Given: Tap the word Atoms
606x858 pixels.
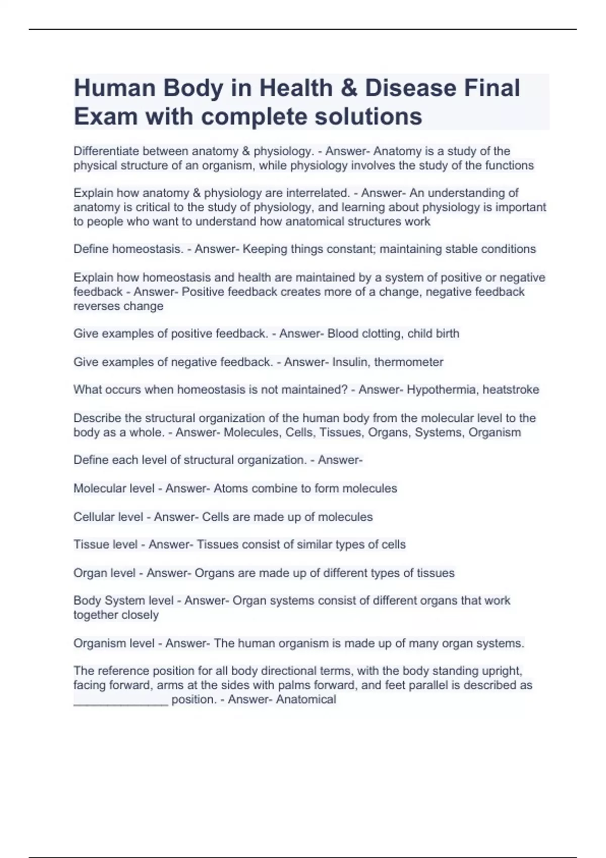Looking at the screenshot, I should tap(230, 489).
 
